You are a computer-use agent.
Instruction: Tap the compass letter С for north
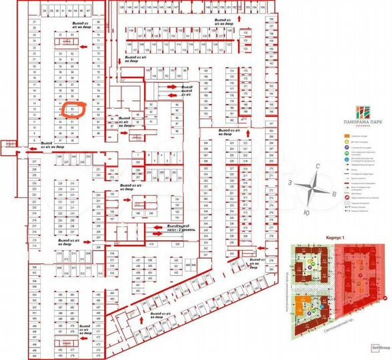point(319,166)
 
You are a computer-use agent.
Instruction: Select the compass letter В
point(333,194)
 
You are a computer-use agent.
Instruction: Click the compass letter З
point(291,182)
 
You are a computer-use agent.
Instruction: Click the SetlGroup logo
point(381,347)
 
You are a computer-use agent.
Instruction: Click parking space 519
point(151,245)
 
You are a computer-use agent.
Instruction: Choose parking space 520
point(178,245)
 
